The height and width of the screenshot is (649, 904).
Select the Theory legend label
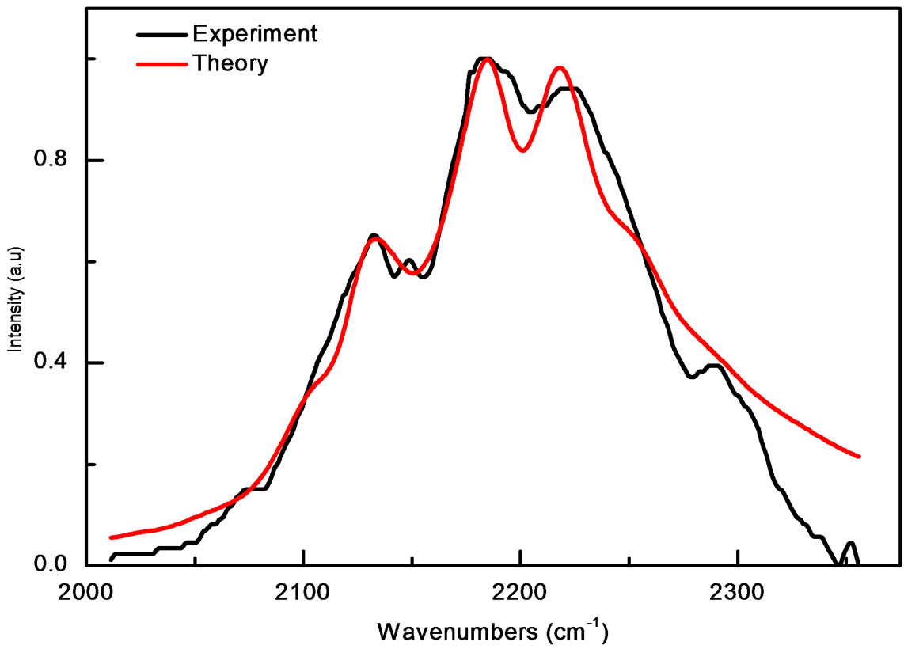click(x=230, y=63)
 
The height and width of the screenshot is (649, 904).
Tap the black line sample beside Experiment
click(x=161, y=35)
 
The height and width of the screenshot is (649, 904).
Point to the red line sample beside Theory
click(x=161, y=64)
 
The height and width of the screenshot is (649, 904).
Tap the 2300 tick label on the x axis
click(x=737, y=590)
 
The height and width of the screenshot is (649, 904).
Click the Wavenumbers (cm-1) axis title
click(x=492, y=631)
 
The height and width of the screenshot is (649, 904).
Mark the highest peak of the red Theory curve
click(x=487, y=60)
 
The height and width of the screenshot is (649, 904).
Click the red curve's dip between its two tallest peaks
click(x=522, y=150)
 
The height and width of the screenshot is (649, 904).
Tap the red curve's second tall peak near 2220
click(x=560, y=68)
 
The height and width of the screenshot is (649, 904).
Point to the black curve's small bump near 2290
click(x=713, y=365)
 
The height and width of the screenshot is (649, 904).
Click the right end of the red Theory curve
click(x=858, y=456)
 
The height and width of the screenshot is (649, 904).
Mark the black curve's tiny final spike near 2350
click(x=851, y=543)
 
